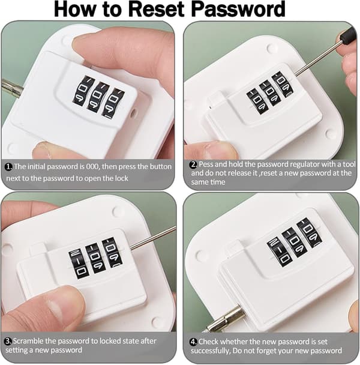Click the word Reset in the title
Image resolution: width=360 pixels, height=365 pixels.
pyautogui.click(x=158, y=9)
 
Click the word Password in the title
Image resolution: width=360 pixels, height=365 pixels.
pyautogui.click(x=239, y=9)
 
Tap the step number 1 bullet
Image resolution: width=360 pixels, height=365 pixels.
pyautogui.click(x=8, y=167)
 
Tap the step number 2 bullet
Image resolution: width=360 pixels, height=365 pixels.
pyautogui.click(x=194, y=164)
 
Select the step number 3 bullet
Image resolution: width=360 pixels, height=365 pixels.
pyautogui.click(x=8, y=341)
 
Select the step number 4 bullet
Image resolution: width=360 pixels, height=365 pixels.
pyautogui.click(x=194, y=342)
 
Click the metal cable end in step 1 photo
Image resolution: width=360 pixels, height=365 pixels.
pyautogui.click(x=11, y=88)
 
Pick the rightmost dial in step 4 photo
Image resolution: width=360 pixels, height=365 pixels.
pyautogui.click(x=310, y=232)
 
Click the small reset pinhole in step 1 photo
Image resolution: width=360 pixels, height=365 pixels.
pyautogui.click(x=133, y=113)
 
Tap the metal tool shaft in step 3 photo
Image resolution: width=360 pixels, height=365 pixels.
pyautogui.click(x=152, y=238)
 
